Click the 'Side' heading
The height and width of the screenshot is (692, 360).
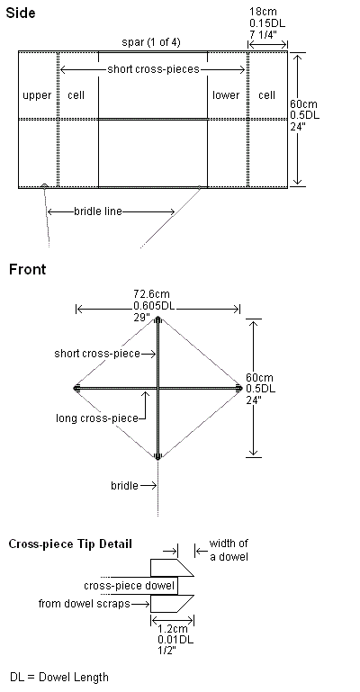coord(21,13)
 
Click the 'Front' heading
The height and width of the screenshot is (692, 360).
coord(27,269)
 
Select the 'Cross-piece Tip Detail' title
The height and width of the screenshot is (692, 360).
coord(70,544)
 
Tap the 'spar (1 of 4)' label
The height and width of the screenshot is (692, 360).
coord(151,42)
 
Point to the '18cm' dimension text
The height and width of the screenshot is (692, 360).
coord(264,12)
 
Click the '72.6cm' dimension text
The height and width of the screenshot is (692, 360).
coord(151,294)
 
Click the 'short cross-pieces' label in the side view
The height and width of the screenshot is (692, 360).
coord(153,69)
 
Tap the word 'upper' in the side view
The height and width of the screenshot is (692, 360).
coord(37,95)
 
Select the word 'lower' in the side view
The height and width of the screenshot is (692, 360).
coord(226,95)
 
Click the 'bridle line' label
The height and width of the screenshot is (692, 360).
coord(97,211)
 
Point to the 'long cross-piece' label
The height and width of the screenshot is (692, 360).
coord(97,418)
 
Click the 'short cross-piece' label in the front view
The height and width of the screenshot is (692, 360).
coord(97,354)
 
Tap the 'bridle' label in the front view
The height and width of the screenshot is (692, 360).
coord(124,486)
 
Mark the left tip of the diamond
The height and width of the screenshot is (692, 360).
coord(76,389)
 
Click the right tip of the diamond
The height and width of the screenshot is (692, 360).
coord(239,389)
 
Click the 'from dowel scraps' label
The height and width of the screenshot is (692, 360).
coord(85,603)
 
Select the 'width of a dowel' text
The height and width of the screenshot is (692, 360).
coord(229,550)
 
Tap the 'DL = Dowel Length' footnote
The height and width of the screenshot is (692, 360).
coord(59,677)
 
